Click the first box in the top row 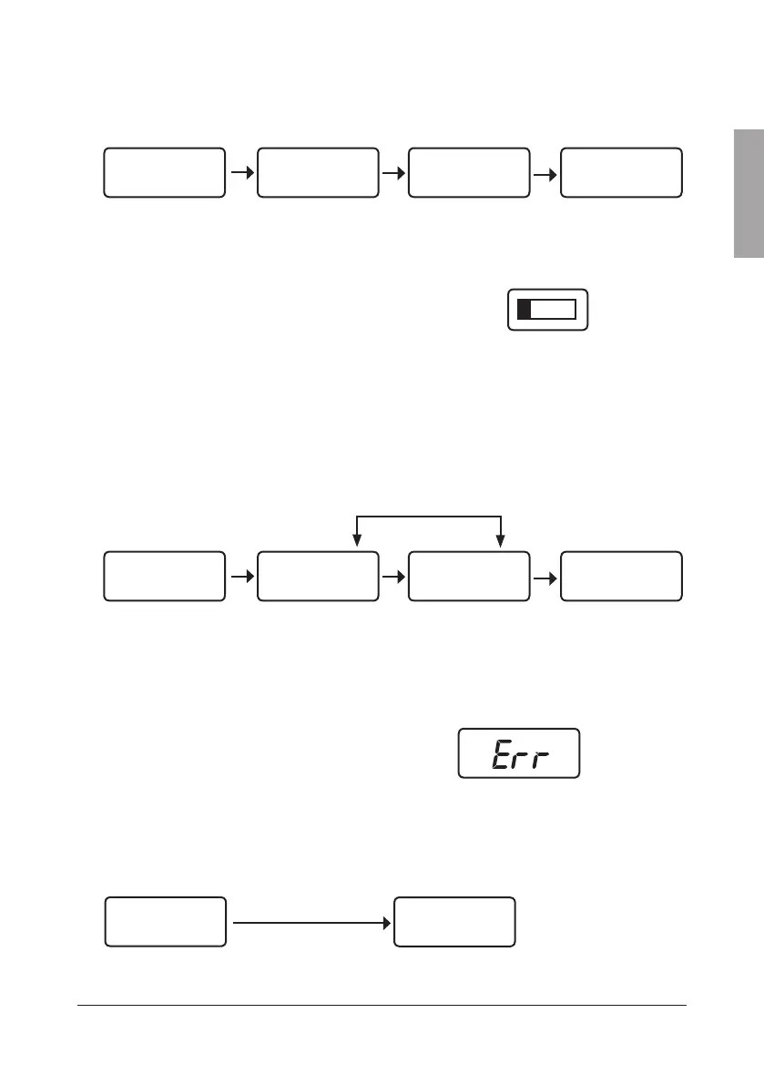(164, 171)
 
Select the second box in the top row (317, 171)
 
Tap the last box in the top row (621, 171)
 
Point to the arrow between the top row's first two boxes (240, 171)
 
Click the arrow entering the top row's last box (545, 171)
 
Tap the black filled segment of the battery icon (525, 309)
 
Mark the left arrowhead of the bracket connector (357, 543)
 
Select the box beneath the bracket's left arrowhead (317, 576)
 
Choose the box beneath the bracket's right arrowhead (469, 576)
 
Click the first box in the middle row (164, 576)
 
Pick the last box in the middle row (621, 576)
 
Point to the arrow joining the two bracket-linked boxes (392, 576)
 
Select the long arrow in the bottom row (310, 922)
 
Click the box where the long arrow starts (165, 922)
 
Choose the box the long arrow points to (454, 922)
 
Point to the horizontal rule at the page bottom (382, 1006)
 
